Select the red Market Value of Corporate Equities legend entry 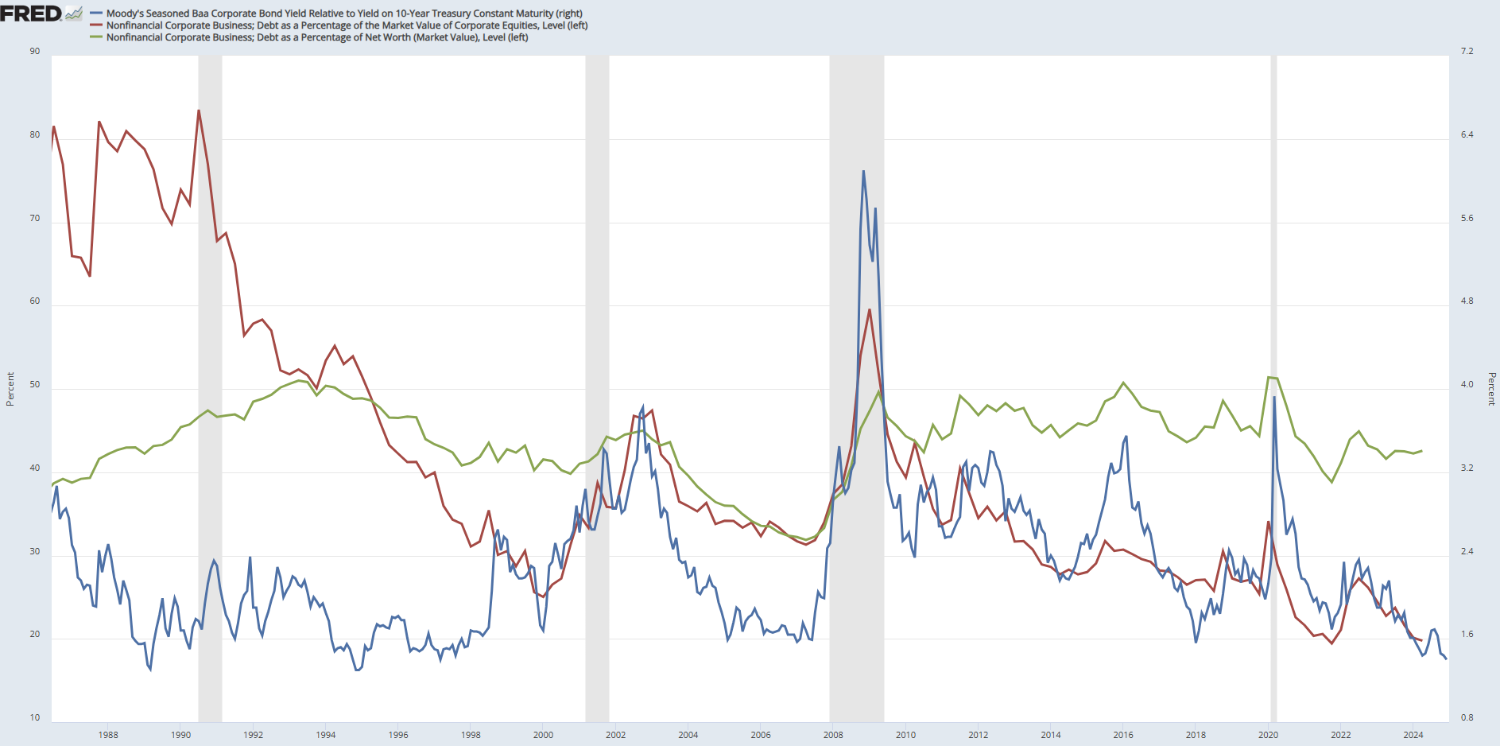click(347, 25)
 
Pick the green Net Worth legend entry click(316, 37)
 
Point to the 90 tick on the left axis click(35, 52)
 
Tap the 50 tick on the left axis click(35, 385)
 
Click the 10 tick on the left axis click(35, 717)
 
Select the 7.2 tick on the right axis click(1467, 52)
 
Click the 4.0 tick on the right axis click(1467, 385)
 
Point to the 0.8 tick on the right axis click(1467, 717)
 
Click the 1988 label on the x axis click(108, 735)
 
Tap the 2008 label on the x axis click(833, 735)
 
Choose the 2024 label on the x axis click(1413, 735)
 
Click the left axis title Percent click(10, 389)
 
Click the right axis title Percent click(1491, 389)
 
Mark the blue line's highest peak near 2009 click(863, 171)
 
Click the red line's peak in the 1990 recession click(199, 111)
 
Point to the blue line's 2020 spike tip click(1274, 397)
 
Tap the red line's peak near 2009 click(870, 309)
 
